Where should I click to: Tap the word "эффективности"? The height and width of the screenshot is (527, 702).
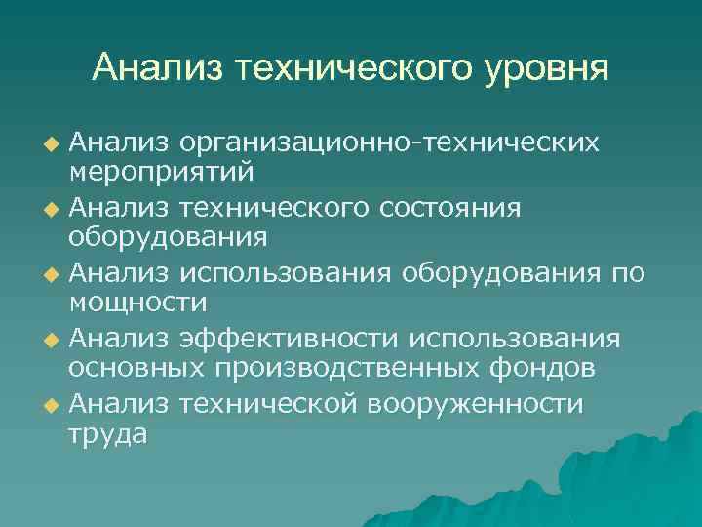[x=290, y=340]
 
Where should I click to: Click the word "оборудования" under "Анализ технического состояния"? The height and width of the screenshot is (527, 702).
[x=167, y=238]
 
